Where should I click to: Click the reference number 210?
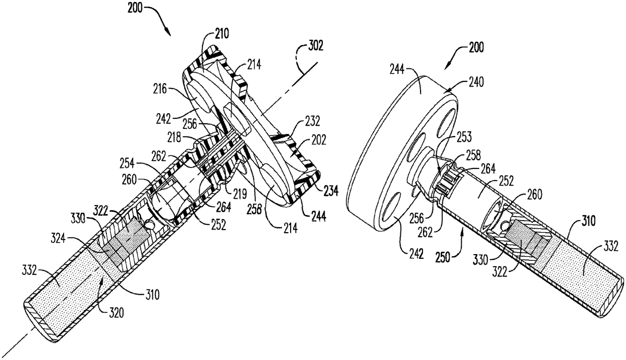pos(222,33)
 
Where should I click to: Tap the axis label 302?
pos(316,45)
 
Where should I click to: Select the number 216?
pos(160,89)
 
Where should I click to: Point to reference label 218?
pos(174,138)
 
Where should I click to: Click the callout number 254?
pos(127,163)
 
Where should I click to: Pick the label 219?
pos(240,194)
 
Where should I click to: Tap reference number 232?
pos(312,121)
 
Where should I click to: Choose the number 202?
pos(319,140)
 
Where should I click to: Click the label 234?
pos(331,191)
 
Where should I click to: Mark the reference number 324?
pos(58,238)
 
